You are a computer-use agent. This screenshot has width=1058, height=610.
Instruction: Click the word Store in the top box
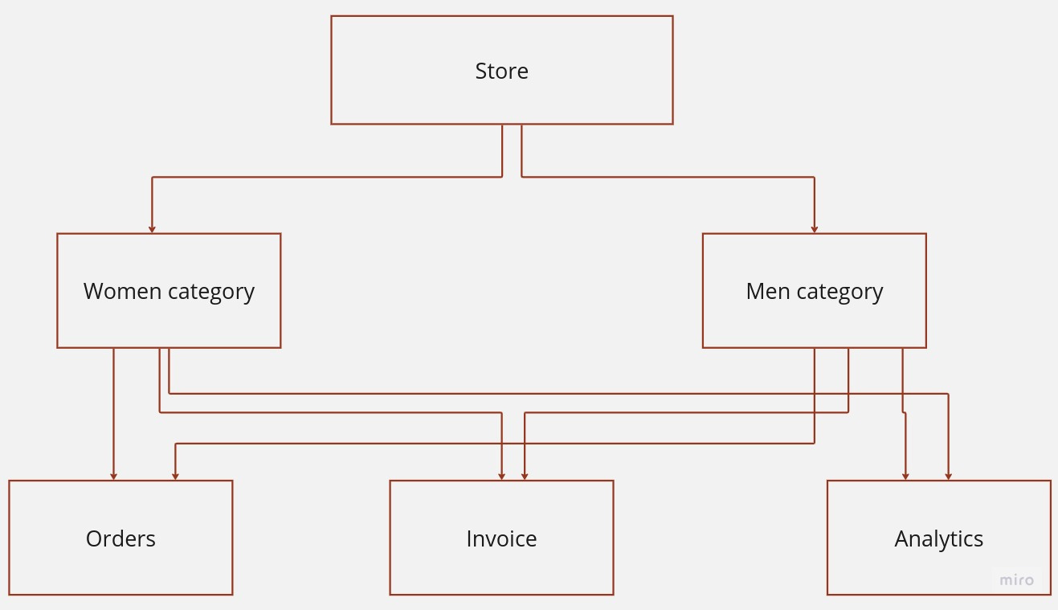(501, 72)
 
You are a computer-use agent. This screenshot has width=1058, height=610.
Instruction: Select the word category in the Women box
(211, 292)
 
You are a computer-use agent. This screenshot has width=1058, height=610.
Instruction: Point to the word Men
(768, 291)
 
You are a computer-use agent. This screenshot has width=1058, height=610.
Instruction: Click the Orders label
(121, 538)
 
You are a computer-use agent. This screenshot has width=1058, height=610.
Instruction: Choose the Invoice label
(501, 538)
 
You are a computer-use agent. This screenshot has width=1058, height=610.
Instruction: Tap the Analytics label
(938, 538)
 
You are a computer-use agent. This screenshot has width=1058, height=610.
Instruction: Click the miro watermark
(1016, 579)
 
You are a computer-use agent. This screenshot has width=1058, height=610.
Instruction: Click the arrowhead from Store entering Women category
(152, 229)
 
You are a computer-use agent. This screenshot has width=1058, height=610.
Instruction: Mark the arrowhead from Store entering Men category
(815, 229)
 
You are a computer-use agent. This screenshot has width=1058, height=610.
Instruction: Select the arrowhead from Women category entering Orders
(114, 477)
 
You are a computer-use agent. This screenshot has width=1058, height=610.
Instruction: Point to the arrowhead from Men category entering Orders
(175, 477)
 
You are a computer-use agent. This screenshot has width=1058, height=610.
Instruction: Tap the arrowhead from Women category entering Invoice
(501, 477)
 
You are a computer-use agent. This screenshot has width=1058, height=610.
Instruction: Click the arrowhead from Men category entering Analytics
(905, 477)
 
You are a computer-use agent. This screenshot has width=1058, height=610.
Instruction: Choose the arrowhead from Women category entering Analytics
(949, 477)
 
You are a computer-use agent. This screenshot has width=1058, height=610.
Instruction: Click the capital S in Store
(481, 72)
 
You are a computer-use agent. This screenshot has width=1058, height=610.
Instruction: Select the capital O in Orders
(94, 538)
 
